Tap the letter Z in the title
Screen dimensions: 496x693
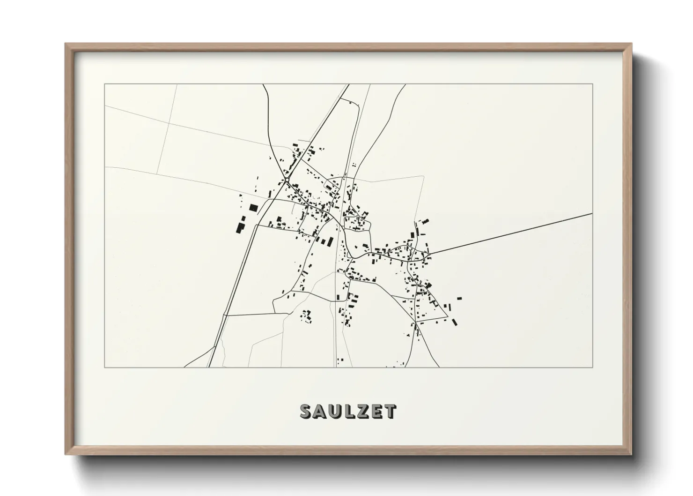[360, 412]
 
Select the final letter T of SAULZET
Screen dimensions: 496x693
[390, 412]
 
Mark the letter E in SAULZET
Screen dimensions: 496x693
[375, 412]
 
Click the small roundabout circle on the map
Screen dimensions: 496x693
[286, 179]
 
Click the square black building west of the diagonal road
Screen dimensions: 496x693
[253, 207]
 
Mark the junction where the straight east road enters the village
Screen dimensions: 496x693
[429, 254]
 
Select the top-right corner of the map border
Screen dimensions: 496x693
[593, 84]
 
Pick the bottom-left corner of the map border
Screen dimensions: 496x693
[104, 367]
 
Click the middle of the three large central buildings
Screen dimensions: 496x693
[323, 241]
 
